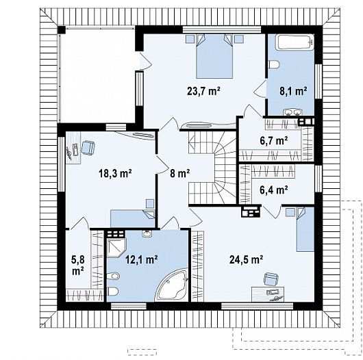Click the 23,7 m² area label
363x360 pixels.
pyautogui.click(x=203, y=91)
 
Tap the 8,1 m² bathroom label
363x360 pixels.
pyautogui.click(x=293, y=91)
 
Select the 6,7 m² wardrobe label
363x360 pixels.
pyautogui.click(x=274, y=140)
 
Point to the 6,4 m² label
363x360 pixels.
pyautogui.click(x=274, y=190)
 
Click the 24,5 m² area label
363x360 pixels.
pyautogui.click(x=246, y=259)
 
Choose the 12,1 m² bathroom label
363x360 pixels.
pyautogui.click(x=142, y=259)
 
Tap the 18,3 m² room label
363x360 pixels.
pyautogui.click(x=115, y=173)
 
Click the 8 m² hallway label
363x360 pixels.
pyautogui.click(x=180, y=173)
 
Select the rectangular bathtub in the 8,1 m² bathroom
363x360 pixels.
pyautogui.click(x=295, y=42)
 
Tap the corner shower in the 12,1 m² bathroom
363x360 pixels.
pyautogui.click(x=116, y=247)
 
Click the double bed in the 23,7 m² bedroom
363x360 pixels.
pyautogui.click(x=214, y=56)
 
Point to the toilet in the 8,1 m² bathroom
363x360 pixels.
pyautogui.click(x=274, y=64)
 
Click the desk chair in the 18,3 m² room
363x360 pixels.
pyautogui.click(x=88, y=148)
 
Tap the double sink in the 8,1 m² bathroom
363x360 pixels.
pyautogui.click(x=293, y=112)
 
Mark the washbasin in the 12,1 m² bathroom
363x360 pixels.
pyautogui.click(x=147, y=233)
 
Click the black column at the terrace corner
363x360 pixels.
pyautogui.click(x=62, y=30)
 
